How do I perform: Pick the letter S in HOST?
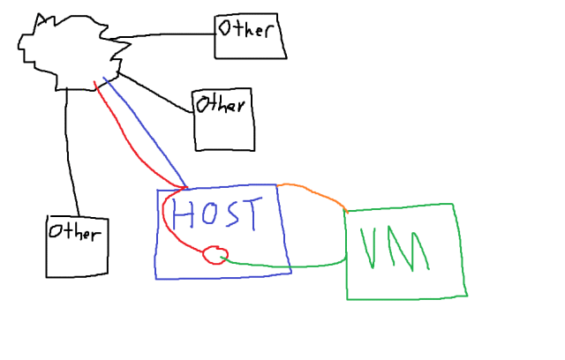pos(232,214)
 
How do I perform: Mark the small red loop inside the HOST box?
pos(214,255)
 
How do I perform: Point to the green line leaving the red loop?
pos(282,264)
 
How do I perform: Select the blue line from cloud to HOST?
pos(146,132)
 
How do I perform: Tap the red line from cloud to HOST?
pos(124,141)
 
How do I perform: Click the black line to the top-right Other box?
pos(168,35)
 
